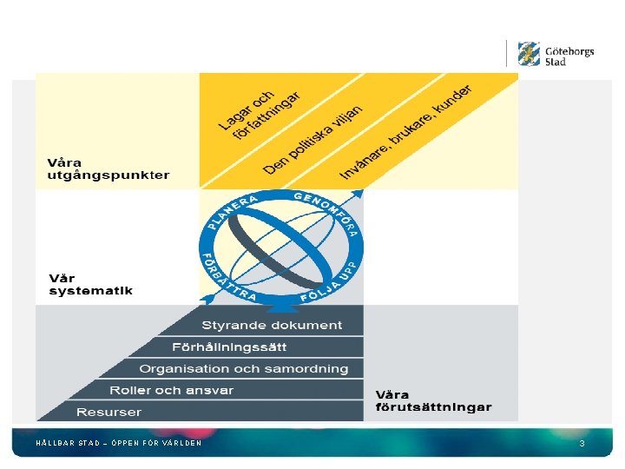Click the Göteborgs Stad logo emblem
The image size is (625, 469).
[529, 54]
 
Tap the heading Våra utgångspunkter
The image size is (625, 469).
[108, 168]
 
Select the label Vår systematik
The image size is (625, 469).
[90, 284]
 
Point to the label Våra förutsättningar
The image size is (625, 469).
[433, 400]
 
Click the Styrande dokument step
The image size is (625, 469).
[272, 326]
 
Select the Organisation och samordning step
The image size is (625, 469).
[244, 369]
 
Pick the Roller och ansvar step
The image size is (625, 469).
[171, 391]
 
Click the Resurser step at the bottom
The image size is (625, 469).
[109, 412]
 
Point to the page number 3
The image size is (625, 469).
[582, 444]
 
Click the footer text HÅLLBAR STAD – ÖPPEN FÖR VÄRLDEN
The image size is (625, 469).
[118, 444]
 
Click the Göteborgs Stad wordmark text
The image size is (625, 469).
[569, 56]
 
